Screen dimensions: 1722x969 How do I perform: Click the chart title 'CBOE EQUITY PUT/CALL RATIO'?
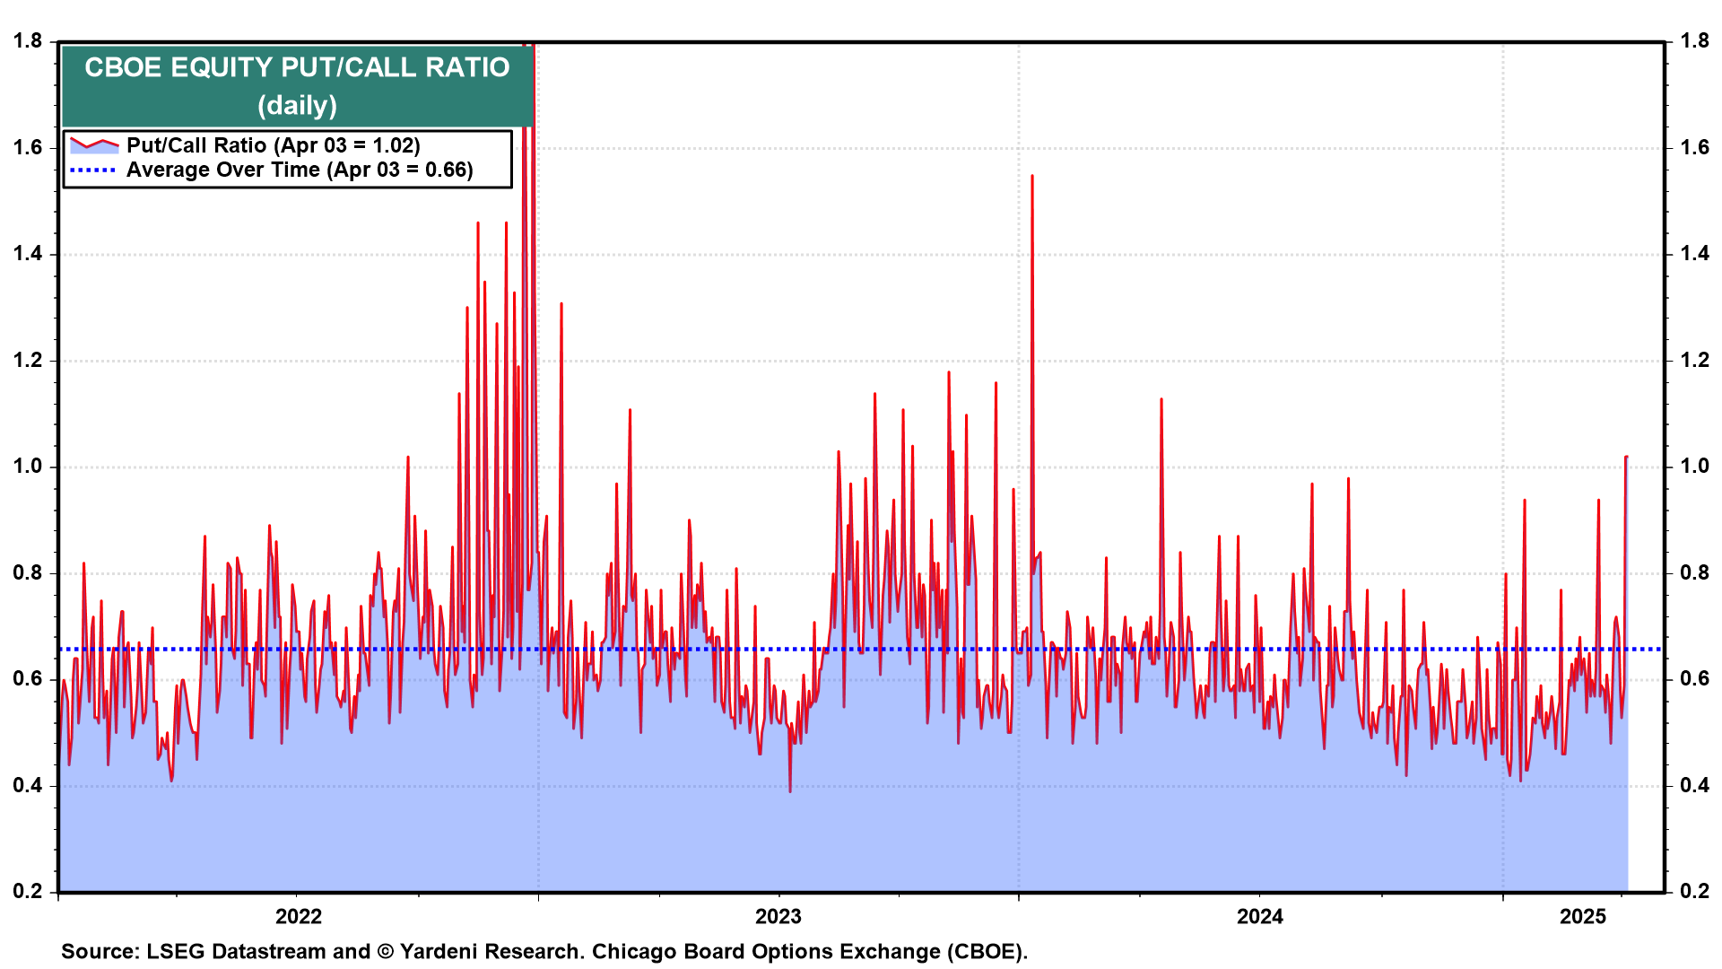coord(297,67)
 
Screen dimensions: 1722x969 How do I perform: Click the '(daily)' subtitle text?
coord(297,106)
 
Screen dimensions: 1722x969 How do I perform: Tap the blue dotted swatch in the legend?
coord(93,170)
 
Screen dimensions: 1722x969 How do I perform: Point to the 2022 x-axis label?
coord(299,916)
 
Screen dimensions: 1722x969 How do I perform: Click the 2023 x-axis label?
coord(778,916)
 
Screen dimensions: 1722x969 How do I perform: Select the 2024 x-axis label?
coord(1260,916)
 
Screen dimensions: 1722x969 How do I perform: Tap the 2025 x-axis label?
coord(1583,916)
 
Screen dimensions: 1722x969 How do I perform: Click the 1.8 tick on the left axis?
coord(28,40)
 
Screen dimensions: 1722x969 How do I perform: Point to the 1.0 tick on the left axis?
coord(28,466)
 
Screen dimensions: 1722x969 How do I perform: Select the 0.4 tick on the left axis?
coord(28,785)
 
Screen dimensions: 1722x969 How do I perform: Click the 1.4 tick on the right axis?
coord(1695,253)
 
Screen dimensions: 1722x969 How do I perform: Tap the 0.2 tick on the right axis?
coord(1695,891)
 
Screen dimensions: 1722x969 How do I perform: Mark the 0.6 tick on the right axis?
coord(1695,678)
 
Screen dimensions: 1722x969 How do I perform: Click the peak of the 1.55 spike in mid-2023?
coord(1032,176)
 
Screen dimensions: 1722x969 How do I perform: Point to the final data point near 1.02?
coord(1626,458)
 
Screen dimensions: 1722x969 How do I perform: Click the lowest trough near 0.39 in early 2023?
coord(790,791)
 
